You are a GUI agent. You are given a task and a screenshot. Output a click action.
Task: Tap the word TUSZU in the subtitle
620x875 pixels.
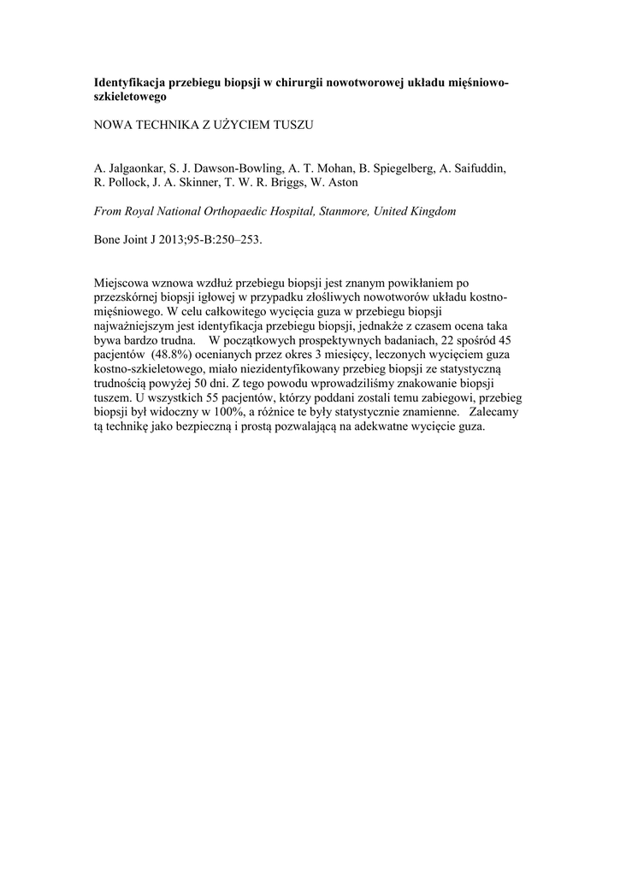[x=291, y=125]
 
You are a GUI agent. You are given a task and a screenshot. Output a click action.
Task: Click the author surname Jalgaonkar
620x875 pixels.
[x=136, y=167]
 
